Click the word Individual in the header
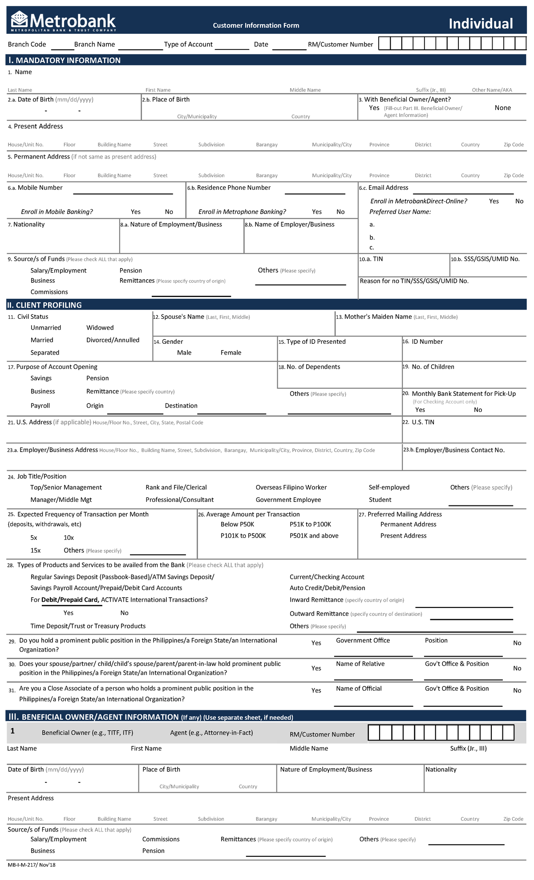coord(481,24)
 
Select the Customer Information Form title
coord(256,25)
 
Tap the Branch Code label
coord(27,45)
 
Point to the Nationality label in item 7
coord(29,224)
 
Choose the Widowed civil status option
coord(100,328)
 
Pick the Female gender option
coord(231,353)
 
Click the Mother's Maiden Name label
coord(378,317)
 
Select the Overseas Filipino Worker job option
coord(291,488)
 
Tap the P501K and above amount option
coord(314,536)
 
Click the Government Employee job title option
coord(288,500)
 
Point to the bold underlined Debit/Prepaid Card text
coord(70,600)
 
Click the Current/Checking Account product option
coord(327,577)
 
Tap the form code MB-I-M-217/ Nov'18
coord(32,865)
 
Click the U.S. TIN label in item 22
coord(423,422)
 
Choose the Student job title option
coord(380,500)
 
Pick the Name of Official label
coord(359,689)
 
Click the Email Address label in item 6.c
coord(388,188)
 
